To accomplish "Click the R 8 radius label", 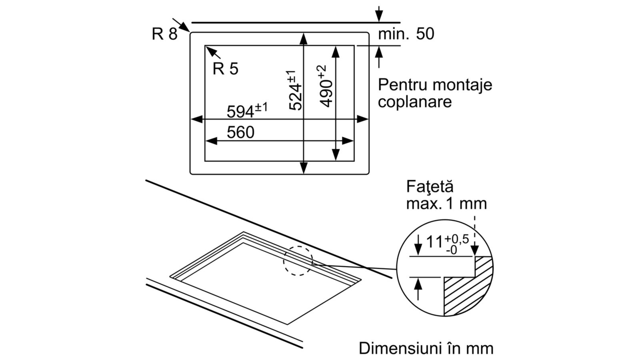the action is [164, 34].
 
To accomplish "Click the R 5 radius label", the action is [226, 69].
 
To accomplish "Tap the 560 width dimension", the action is [240, 132].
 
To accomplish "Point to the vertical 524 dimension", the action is [295, 90].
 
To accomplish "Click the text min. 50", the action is [406, 34].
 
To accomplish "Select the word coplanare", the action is [415, 102].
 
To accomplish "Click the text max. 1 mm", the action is [446, 204].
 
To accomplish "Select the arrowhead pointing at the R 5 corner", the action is [210, 51].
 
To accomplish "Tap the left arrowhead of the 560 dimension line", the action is [211, 141].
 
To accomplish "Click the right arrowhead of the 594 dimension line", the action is [362, 119].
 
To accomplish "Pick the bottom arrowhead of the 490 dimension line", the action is [336, 155].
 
